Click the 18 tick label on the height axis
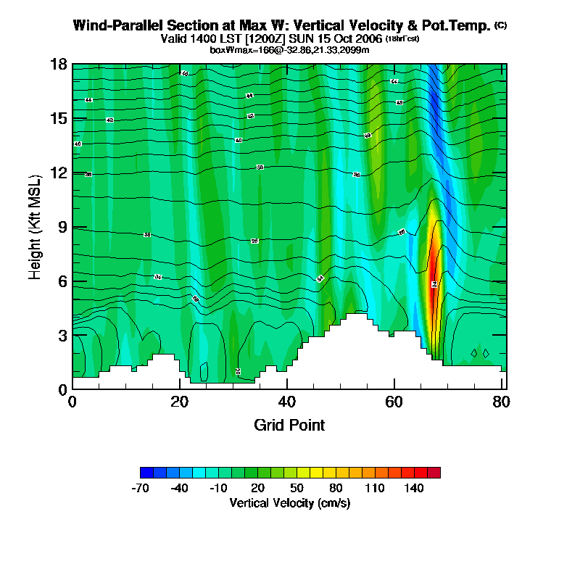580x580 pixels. click(x=59, y=65)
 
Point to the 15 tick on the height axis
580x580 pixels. click(x=59, y=118)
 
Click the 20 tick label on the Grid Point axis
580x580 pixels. click(x=180, y=401)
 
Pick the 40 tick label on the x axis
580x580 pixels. click(x=287, y=401)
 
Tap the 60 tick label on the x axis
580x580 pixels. click(x=394, y=401)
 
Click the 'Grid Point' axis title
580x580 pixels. click(x=289, y=425)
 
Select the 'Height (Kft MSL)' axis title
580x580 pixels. click(x=35, y=227)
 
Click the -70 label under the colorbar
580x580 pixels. click(x=140, y=489)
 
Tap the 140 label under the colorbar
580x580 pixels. click(x=414, y=489)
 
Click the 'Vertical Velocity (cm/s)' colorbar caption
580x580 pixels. click(x=289, y=502)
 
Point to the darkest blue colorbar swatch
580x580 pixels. click(x=146, y=473)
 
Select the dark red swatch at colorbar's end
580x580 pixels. click(x=434, y=473)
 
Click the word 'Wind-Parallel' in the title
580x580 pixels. click(x=116, y=25)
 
